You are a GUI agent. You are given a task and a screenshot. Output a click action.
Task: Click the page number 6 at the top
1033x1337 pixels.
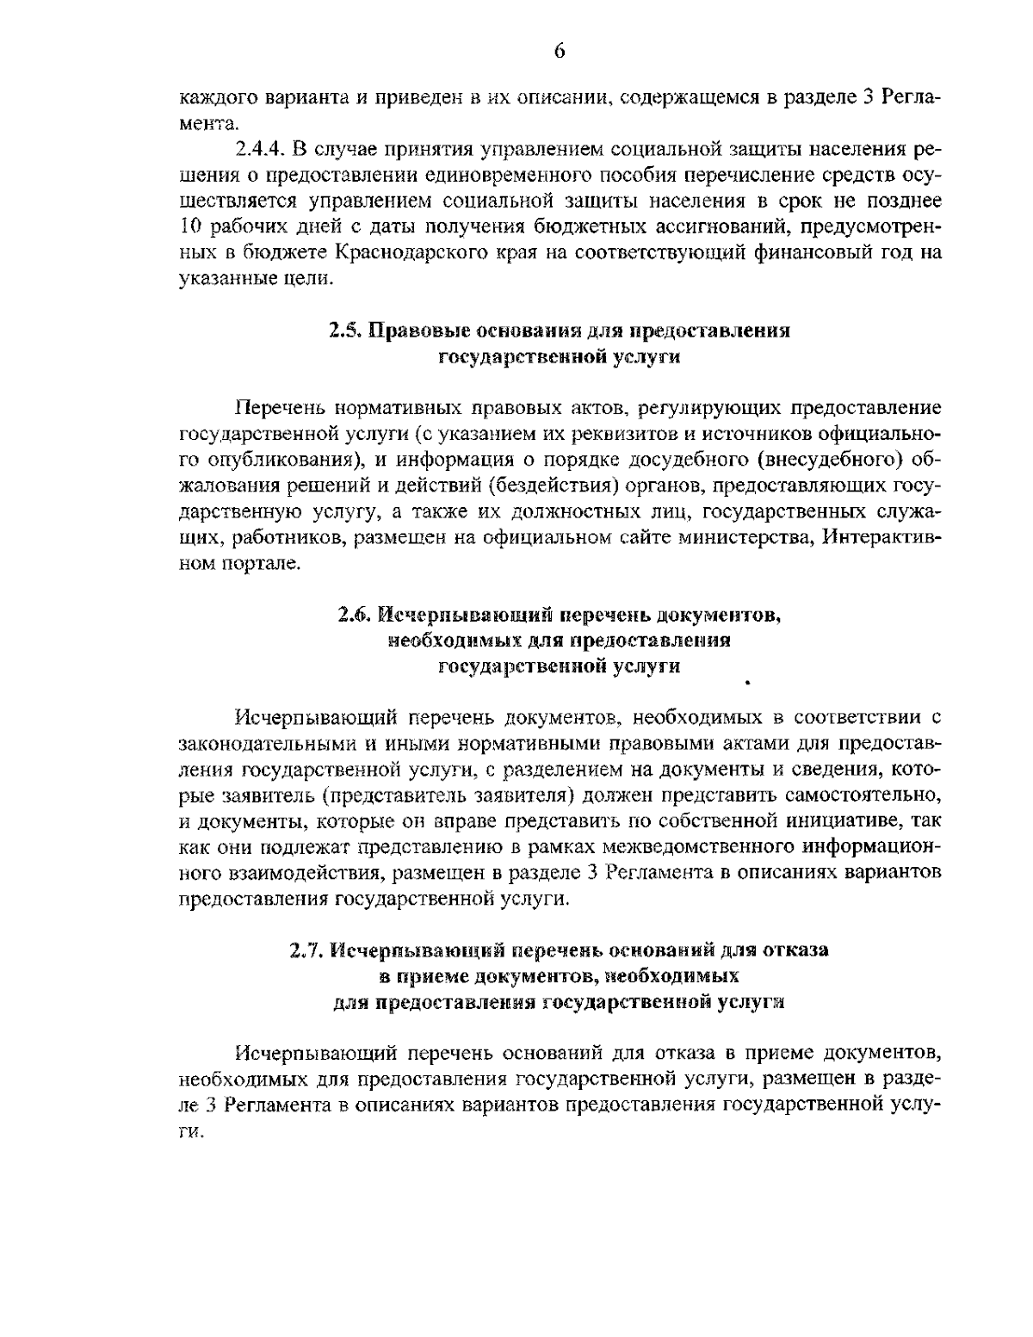(559, 51)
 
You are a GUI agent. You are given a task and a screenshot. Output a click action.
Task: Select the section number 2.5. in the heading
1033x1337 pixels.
(346, 331)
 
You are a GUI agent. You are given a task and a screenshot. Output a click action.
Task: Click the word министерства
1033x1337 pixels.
(742, 539)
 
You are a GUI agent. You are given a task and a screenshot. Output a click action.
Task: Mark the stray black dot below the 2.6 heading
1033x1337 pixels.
(748, 682)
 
